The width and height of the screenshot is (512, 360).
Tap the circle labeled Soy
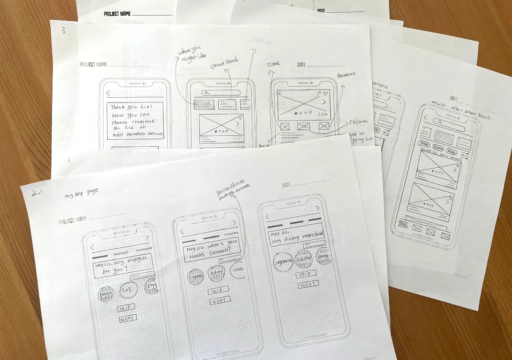click(127, 289)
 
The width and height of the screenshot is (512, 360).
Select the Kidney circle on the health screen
click(216, 273)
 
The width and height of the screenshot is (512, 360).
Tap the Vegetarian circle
click(284, 261)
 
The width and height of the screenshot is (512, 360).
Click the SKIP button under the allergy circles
click(126, 308)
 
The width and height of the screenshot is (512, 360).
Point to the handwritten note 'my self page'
click(82, 193)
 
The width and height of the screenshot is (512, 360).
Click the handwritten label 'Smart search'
click(224, 63)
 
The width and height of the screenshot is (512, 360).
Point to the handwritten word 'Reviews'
click(346, 75)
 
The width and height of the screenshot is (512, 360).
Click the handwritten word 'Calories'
click(358, 122)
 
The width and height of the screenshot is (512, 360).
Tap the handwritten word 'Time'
click(273, 64)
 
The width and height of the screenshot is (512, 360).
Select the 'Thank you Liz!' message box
click(135, 120)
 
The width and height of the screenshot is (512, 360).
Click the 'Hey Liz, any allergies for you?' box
click(123, 265)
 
